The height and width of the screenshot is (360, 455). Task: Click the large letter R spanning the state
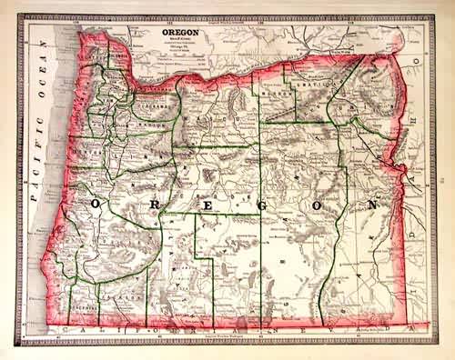[153, 207]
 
